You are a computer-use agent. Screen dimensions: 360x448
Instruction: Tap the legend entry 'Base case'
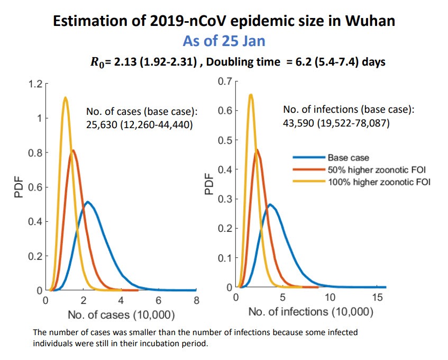click(x=348, y=157)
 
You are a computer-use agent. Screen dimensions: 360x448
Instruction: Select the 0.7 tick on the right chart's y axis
click(x=225, y=82)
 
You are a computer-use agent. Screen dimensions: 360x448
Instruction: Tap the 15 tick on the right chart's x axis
click(x=378, y=298)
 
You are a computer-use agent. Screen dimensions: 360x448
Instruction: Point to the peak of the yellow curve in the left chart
click(x=65, y=97)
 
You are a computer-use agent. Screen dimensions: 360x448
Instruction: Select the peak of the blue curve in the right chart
click(x=270, y=204)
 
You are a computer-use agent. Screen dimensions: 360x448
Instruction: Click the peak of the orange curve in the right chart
click(x=257, y=150)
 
